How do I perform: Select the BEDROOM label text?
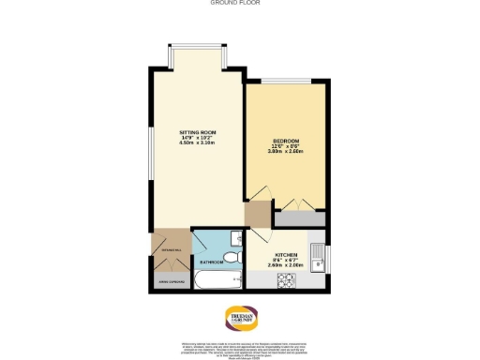pyautogui.click(x=285, y=138)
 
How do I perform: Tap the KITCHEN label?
pyautogui.click(x=286, y=254)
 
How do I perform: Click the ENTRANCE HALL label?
pyautogui.click(x=170, y=248)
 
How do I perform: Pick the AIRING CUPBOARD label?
pyautogui.click(x=169, y=280)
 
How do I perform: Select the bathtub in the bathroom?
pyautogui.click(x=217, y=279)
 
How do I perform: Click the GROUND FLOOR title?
pyautogui.click(x=239, y=4)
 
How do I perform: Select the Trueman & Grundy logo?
pyautogui.click(x=239, y=316)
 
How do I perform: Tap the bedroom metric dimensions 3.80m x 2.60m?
pyautogui.click(x=285, y=150)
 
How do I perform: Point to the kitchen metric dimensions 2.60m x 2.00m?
pyautogui.click(x=286, y=266)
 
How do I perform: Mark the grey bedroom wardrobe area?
pyautogui.click(x=299, y=218)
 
